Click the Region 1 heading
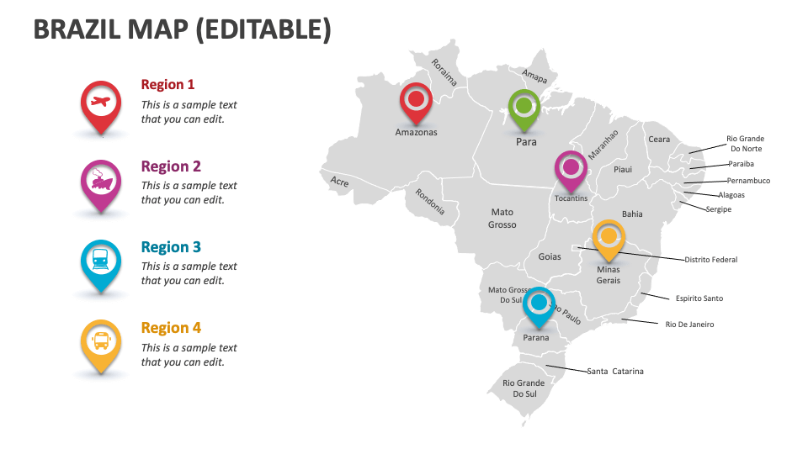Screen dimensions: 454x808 tap(167, 84)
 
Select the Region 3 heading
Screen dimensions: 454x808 tap(171, 247)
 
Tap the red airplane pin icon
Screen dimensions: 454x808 tap(100, 104)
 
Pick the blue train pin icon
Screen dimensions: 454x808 tap(100, 261)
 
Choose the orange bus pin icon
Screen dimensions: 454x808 tap(100, 341)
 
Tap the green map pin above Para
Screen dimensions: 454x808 tap(524, 108)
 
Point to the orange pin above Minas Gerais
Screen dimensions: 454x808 tap(609, 238)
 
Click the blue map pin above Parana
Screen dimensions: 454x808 tap(540, 304)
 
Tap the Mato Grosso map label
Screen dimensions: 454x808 tap(502, 219)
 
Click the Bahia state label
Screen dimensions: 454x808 tap(632, 214)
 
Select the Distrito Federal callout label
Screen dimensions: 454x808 tap(710, 260)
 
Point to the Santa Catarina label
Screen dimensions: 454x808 tap(615, 371)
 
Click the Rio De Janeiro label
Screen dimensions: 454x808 tap(689, 324)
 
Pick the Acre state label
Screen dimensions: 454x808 tap(339, 182)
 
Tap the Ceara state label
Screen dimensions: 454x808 tap(659, 140)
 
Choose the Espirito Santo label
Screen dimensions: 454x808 tap(699, 298)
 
